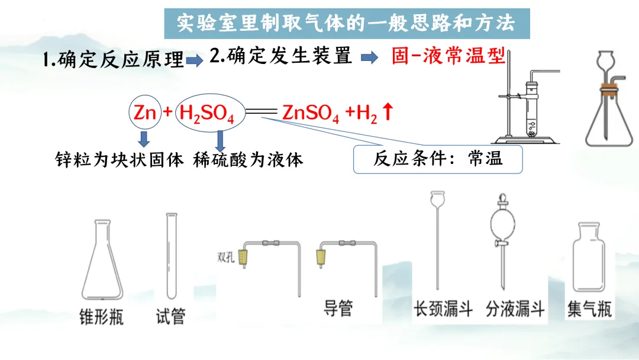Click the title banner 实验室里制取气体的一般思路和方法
pos(347,23)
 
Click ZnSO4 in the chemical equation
pos(311,113)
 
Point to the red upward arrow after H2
pos(388,112)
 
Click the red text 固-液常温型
pos(448,57)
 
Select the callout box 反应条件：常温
pos(438,159)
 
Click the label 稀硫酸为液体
pos(248,160)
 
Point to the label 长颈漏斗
pos(443,308)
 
